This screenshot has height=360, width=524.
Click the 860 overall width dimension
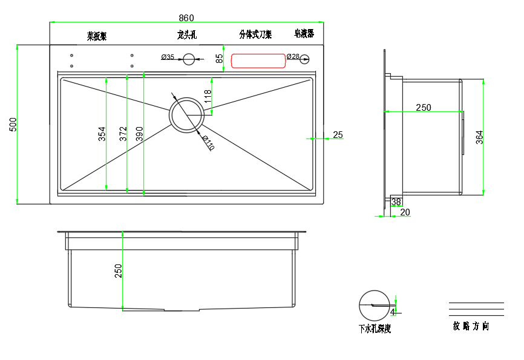click(186, 18)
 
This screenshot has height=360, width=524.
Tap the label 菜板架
click(97, 36)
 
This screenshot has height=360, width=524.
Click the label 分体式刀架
click(255, 34)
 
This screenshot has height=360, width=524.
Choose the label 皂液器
click(304, 34)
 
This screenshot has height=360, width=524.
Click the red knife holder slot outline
click(258, 61)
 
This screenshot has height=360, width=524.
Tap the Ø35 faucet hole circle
click(189, 59)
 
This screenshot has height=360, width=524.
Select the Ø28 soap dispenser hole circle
click(305, 59)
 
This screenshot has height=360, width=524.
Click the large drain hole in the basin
click(187, 115)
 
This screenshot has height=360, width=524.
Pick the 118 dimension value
click(208, 96)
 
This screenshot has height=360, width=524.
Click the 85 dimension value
click(220, 59)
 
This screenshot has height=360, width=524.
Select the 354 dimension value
click(102, 133)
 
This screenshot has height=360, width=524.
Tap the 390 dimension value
click(139, 133)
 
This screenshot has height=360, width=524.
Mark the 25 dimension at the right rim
click(338, 135)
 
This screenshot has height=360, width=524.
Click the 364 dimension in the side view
click(479, 137)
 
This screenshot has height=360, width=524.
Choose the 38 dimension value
click(396, 202)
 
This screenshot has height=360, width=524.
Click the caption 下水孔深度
click(375, 329)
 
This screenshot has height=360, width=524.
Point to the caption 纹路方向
click(471, 326)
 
